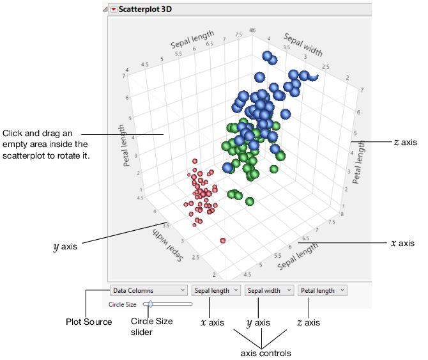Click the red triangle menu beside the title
114,10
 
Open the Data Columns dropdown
148,290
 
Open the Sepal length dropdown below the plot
215,290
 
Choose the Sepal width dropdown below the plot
268,290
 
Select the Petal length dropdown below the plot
322,290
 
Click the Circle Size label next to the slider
123,304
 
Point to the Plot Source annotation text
89,322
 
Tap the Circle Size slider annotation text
151,326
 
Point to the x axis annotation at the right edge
402,243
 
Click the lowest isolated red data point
223,240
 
